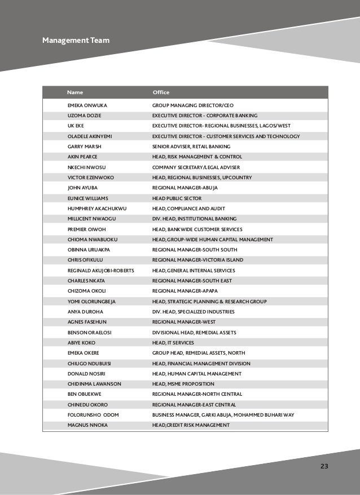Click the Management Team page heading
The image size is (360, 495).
[x=76, y=41]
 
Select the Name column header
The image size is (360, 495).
[x=73, y=92]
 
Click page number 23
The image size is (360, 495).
[x=324, y=466]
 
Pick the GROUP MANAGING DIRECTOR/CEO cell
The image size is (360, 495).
[x=193, y=105]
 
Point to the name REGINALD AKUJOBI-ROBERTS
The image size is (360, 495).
[x=100, y=270]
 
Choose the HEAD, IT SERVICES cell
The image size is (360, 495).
[x=173, y=342]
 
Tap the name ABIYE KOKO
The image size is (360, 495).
[x=82, y=342]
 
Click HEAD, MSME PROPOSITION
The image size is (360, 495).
[x=185, y=383]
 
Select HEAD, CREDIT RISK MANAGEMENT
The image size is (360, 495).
[x=191, y=425]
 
